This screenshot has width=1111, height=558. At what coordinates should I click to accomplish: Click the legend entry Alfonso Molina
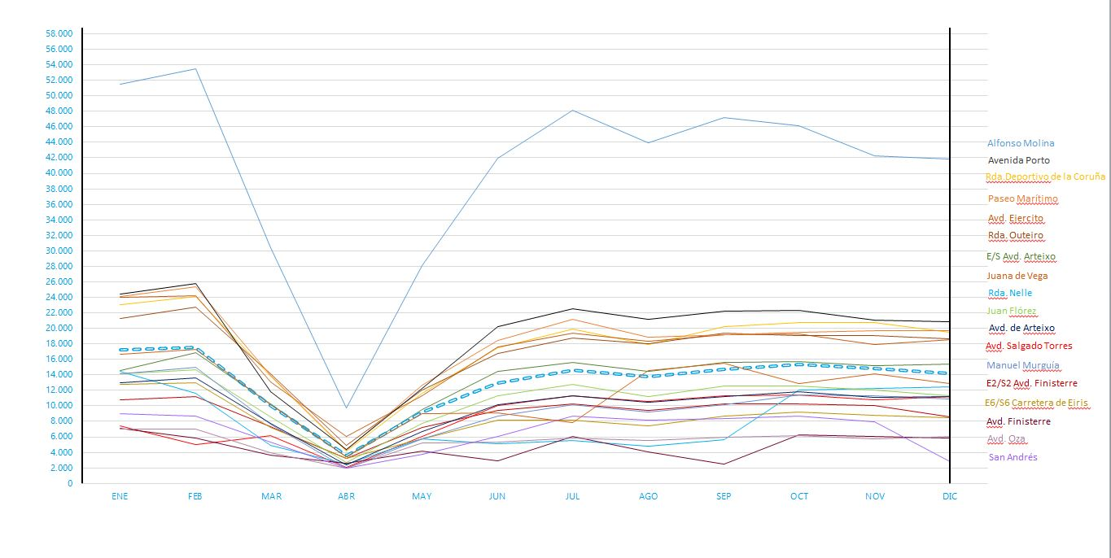[x=1020, y=143]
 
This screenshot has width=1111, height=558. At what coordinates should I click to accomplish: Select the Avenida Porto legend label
[x=1018, y=160]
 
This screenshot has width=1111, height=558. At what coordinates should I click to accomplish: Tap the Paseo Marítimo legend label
[x=1022, y=198]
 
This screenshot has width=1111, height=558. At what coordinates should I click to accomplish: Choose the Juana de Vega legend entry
[x=1017, y=276]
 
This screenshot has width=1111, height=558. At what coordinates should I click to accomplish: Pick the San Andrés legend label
[x=1013, y=457]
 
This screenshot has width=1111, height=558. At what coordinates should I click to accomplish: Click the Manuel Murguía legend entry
[x=1022, y=365]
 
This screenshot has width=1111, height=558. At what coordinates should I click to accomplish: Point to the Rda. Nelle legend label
[x=1009, y=293]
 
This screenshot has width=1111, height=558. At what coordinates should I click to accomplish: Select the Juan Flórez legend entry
[x=1012, y=311]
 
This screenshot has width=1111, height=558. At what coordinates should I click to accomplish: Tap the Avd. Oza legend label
[x=1007, y=439]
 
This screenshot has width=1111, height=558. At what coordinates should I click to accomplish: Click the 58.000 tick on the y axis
[x=59, y=33]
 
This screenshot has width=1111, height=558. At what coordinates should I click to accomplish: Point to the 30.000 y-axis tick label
[x=59, y=251]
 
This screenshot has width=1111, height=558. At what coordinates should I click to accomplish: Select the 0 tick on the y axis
[x=70, y=483]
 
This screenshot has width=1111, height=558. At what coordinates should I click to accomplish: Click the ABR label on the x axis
[x=346, y=496]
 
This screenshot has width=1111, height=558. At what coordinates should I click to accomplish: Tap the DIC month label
[x=949, y=496]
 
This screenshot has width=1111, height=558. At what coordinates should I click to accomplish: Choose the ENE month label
[x=120, y=496]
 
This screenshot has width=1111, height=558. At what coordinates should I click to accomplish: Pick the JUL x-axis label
[x=572, y=496]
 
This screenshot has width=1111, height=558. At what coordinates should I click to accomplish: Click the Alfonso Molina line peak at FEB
[x=195, y=68]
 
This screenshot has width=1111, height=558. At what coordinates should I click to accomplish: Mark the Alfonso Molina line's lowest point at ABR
[x=346, y=408]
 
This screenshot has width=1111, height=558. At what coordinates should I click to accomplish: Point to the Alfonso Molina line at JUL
[x=572, y=110]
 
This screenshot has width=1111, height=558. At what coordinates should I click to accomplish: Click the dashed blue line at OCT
[x=799, y=364]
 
